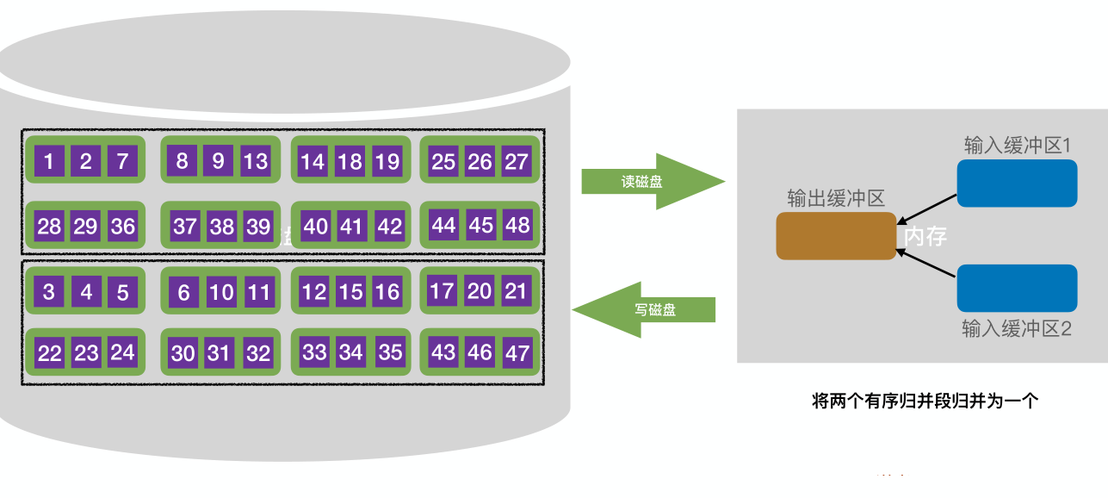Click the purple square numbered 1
49,161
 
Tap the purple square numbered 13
255,161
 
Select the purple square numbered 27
516,161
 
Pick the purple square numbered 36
123,226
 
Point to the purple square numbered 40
316,227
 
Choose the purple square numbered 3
49,292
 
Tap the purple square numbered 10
221,292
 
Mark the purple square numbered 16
387,292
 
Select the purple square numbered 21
516,290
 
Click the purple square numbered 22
50,353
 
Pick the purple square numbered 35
390,352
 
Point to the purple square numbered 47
517,352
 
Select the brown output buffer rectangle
836,235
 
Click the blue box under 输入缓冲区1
1017,183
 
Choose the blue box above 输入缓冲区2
1017,288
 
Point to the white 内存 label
925,236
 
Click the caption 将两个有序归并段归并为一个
925,401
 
